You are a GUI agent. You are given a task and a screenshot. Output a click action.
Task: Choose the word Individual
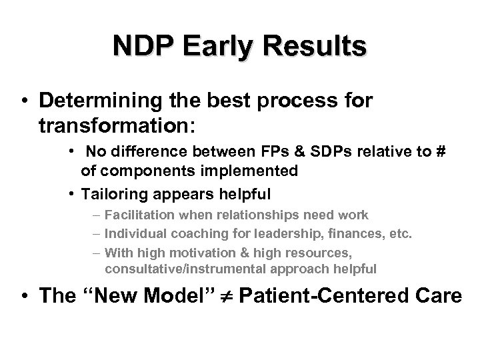(135, 234)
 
